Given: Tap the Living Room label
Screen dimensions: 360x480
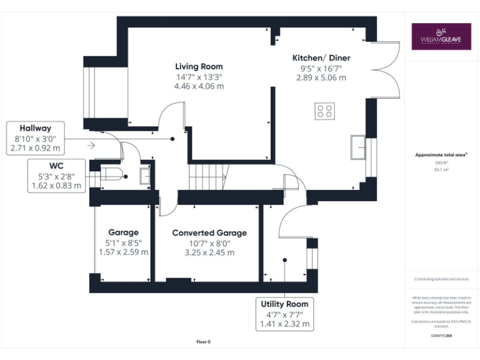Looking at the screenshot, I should click(199, 66).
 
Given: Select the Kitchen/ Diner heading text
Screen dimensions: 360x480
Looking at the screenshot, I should click(321, 58).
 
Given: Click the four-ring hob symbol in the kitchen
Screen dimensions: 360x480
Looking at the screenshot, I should click(324, 111).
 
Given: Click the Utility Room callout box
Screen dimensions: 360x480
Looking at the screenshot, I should click(285, 314).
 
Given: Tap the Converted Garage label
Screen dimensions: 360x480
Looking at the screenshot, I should click(209, 232).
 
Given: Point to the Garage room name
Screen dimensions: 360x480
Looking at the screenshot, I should click(123, 232).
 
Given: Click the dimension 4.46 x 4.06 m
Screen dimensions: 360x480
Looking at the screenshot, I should click(199, 86).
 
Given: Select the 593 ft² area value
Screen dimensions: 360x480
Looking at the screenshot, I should click(441, 162).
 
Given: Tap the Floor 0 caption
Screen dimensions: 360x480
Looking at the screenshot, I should click(203, 342).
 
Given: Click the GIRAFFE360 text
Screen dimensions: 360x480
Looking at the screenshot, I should click(441, 336).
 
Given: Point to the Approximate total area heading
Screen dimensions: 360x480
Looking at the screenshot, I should click(441, 154).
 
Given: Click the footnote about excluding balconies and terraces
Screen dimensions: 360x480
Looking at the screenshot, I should click(441, 279).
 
